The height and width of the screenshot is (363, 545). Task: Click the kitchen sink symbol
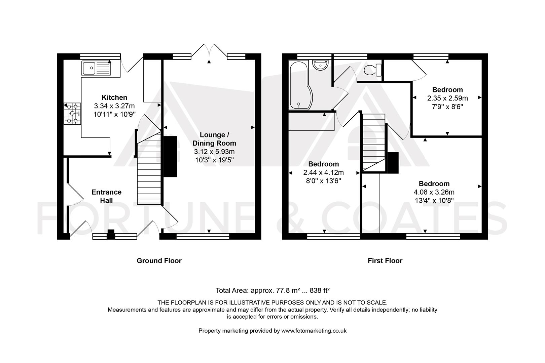[x=96, y=69]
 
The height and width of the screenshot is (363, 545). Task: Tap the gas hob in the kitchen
[x=72, y=114]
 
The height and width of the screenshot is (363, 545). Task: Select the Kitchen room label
[x=114, y=97]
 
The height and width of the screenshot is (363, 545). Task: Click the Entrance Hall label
[x=106, y=196]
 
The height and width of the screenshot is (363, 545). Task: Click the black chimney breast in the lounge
[x=170, y=156]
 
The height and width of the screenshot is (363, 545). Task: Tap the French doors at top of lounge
[x=209, y=50]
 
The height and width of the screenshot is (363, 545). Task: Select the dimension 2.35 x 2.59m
[x=447, y=98]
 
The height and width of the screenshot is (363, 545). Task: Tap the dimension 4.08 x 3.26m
[x=434, y=192]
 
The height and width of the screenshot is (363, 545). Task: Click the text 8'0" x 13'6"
[x=323, y=181]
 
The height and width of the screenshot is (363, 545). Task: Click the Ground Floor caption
[x=159, y=260]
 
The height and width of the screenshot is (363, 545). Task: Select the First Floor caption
[x=385, y=260]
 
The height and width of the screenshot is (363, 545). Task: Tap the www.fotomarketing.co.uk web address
[x=314, y=330]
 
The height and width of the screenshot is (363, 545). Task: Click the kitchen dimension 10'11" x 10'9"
[x=114, y=114]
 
